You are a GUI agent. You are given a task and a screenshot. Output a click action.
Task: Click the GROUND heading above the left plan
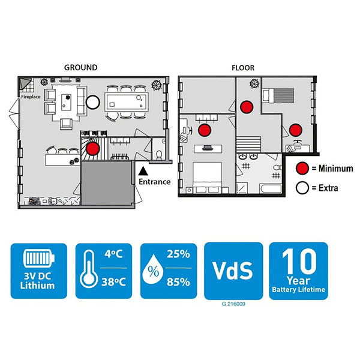tap(81, 67)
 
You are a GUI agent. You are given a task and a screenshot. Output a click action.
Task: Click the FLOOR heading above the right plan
tap(243, 68)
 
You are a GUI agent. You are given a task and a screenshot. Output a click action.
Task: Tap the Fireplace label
tap(31, 97)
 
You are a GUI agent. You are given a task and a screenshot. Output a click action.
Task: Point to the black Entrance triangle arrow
tap(143, 171)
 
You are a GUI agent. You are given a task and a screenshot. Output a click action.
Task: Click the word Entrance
tap(155, 182)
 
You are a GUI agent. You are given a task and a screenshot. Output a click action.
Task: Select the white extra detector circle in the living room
tap(93, 102)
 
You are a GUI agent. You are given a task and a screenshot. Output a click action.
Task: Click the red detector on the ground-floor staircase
tap(92, 148)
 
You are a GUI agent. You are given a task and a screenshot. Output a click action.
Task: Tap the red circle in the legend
tap(302, 168)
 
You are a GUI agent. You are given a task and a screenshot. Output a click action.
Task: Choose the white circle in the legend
tap(302, 188)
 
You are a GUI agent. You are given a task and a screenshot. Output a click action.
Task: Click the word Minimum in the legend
tap(335, 169)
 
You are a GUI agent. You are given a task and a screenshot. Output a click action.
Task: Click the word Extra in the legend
tap(328, 188)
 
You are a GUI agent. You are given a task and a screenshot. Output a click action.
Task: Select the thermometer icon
tap(89, 269)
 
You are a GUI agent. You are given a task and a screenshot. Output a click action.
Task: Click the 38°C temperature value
tap(113, 282)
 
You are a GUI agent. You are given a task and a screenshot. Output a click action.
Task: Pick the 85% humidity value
tap(178, 282)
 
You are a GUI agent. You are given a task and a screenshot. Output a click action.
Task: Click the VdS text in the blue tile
tap(233, 271)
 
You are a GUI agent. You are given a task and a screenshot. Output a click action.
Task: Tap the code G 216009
tap(233, 304)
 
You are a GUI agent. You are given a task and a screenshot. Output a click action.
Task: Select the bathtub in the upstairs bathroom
tap(271, 188)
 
